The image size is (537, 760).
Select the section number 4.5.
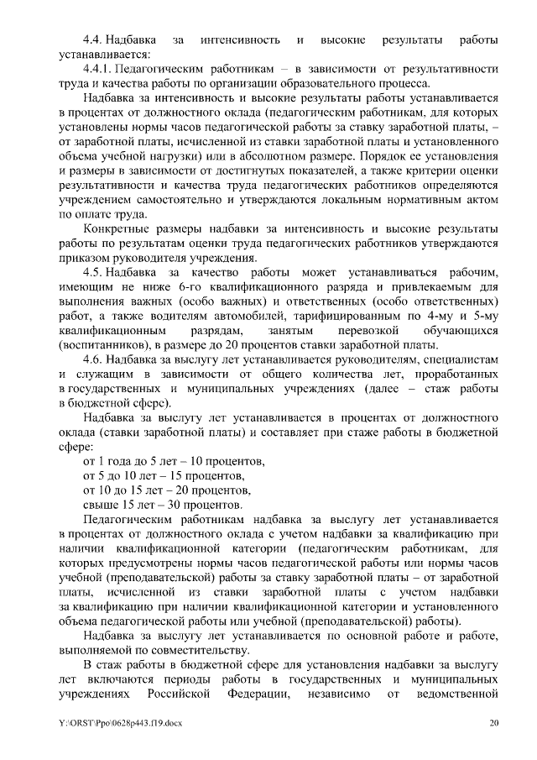tap(92, 273)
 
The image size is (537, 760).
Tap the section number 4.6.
tap(92, 359)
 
